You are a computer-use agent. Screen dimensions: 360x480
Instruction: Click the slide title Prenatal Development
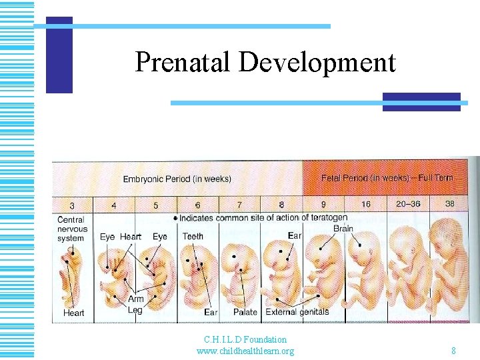pyautogui.click(x=265, y=63)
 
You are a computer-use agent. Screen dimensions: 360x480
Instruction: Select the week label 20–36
pyautogui.click(x=407, y=203)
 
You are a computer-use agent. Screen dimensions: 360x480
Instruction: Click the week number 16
pyautogui.click(x=366, y=203)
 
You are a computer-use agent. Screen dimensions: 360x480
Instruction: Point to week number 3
pyautogui.click(x=71, y=205)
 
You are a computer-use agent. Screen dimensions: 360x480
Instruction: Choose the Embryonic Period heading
pyautogui.click(x=177, y=179)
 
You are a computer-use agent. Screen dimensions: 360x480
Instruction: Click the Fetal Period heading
pyautogui.click(x=387, y=178)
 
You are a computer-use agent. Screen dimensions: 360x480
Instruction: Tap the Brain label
pyautogui.click(x=343, y=228)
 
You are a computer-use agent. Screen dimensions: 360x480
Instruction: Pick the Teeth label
pyautogui.click(x=193, y=236)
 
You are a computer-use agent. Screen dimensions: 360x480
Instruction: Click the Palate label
pyautogui.click(x=245, y=312)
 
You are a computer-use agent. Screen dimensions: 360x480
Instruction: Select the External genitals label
pyautogui.click(x=297, y=311)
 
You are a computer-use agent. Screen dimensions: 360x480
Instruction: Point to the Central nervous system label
pyautogui.click(x=71, y=229)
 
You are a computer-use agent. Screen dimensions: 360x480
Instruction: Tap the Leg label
pyautogui.click(x=135, y=310)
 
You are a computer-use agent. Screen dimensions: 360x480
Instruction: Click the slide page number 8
pyautogui.click(x=453, y=351)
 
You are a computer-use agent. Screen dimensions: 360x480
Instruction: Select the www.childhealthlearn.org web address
pyautogui.click(x=245, y=351)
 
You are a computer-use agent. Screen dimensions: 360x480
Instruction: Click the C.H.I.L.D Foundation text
pyautogui.click(x=245, y=340)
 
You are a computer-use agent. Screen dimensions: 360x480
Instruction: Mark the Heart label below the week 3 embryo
pyautogui.click(x=73, y=313)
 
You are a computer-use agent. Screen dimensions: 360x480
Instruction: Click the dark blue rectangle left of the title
pyautogui.click(x=59, y=55)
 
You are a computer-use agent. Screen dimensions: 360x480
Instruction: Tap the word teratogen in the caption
pyautogui.click(x=327, y=217)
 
